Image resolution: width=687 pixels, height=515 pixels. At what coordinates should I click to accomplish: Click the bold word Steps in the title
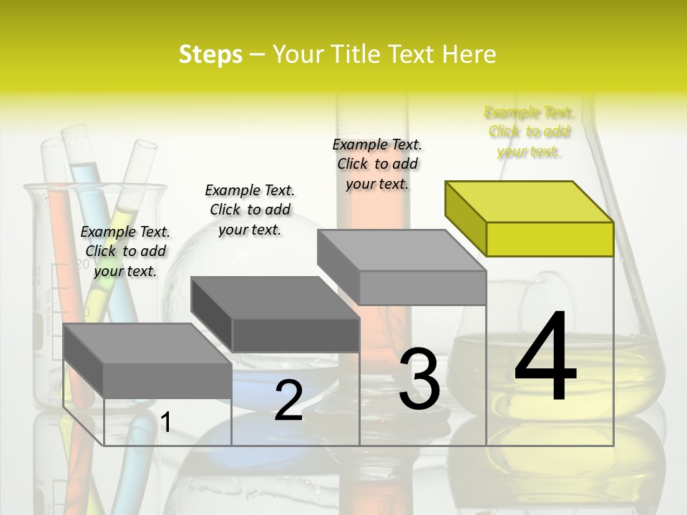pos(210,54)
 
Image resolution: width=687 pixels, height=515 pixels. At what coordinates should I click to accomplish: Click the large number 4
pos(545,358)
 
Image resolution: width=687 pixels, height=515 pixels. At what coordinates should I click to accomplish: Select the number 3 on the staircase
pos(419,379)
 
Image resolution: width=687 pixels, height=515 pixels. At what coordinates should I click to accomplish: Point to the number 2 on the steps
pos(288,401)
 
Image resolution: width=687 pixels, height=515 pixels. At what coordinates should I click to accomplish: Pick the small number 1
pos(165,423)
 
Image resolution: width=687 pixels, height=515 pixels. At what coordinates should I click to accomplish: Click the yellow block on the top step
pos(530,218)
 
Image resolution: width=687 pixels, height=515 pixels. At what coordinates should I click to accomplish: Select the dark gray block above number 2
pos(276,315)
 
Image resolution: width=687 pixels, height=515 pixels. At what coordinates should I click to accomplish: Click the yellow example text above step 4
pos(529,132)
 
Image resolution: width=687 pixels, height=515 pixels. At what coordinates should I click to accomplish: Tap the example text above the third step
pos(377,164)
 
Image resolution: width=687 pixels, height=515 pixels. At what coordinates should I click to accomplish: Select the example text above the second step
pos(250,210)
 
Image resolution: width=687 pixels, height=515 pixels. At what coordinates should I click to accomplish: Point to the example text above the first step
pos(125,251)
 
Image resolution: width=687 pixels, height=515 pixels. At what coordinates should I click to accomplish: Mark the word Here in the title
pos(469,54)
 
